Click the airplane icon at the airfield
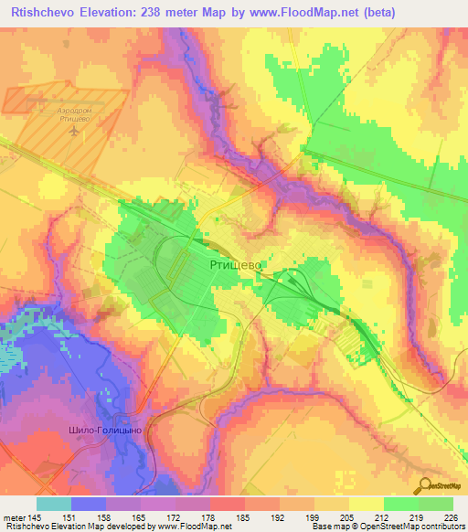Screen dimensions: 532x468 coord(74,132)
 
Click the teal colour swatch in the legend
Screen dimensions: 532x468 coord(54,505)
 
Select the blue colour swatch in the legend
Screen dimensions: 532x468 coord(89,505)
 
